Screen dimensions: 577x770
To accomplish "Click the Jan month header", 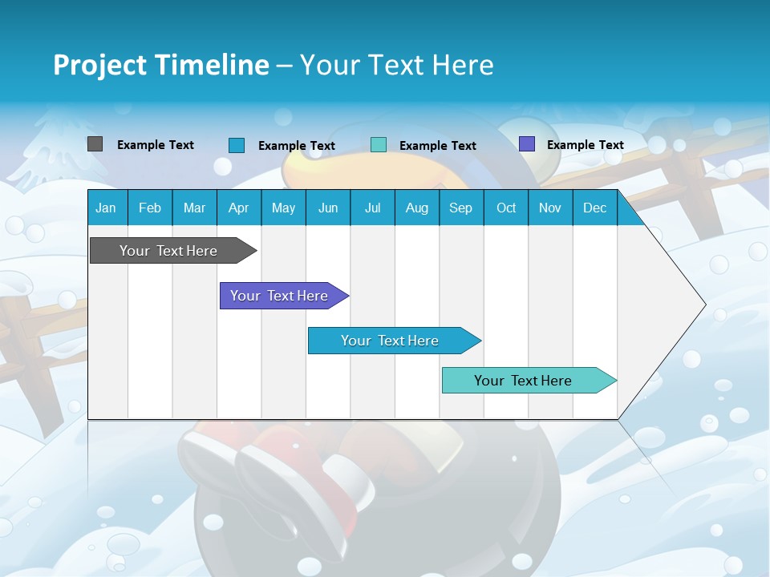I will [x=106, y=208].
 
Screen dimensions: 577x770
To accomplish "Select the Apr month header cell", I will [x=238, y=208].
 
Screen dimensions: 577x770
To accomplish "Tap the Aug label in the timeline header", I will [x=416, y=208].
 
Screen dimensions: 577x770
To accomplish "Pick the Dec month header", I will [x=594, y=208].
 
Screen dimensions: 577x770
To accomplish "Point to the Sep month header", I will [x=460, y=208].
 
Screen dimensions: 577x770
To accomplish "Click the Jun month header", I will [x=327, y=208].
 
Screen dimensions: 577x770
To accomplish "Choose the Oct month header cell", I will [x=505, y=208].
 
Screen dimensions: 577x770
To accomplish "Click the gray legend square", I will [x=95, y=144].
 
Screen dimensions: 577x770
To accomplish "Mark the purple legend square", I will [x=527, y=144].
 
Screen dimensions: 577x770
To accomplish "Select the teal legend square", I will [x=379, y=144].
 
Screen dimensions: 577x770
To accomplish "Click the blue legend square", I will [x=237, y=145].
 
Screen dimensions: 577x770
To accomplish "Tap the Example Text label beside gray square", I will [x=156, y=145].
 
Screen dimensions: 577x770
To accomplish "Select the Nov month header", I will [x=549, y=208].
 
